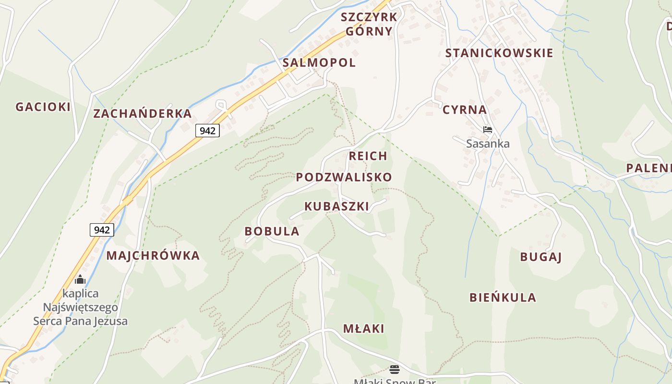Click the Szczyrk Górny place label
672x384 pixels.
[x=369, y=24]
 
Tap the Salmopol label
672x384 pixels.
[x=319, y=62]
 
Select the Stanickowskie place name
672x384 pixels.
[x=499, y=53]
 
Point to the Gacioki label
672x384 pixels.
[x=43, y=107]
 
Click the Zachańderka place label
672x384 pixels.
[x=143, y=114]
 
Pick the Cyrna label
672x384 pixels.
[x=465, y=110]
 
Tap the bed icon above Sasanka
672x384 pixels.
[x=488, y=130]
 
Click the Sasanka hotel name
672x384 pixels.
[x=488, y=144]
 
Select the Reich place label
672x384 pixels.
[x=368, y=156]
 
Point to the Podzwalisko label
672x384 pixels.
[x=344, y=177]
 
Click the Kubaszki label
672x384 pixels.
[x=337, y=206]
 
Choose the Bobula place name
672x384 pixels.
[x=272, y=231]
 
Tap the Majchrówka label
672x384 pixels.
[x=153, y=255]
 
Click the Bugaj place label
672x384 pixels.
[x=541, y=257]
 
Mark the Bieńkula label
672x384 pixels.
[x=503, y=298]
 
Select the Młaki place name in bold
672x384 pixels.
[x=364, y=329]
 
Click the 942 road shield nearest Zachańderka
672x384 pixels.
[x=207, y=131]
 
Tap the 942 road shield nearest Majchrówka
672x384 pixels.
[x=102, y=230]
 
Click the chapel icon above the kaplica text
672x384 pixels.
[x=80, y=279]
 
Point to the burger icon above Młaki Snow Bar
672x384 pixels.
[x=394, y=370]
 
